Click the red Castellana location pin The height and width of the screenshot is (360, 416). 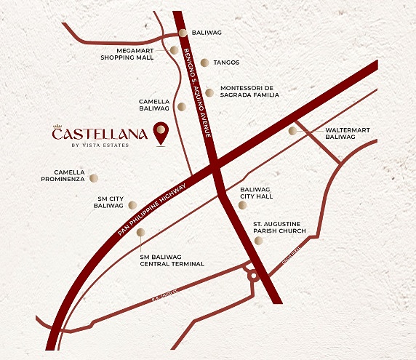point(161,133)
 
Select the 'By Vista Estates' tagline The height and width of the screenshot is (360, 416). point(98,145)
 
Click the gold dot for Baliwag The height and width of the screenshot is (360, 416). point(183,33)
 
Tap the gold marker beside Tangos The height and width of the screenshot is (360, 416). point(205,63)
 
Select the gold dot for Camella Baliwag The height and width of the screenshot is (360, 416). point(181,106)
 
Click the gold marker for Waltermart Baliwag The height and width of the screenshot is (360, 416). point(292,131)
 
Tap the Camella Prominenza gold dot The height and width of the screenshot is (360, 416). point(93,177)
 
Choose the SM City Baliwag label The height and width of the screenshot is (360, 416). point(111,201)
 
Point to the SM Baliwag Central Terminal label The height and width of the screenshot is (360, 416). point(172,260)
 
